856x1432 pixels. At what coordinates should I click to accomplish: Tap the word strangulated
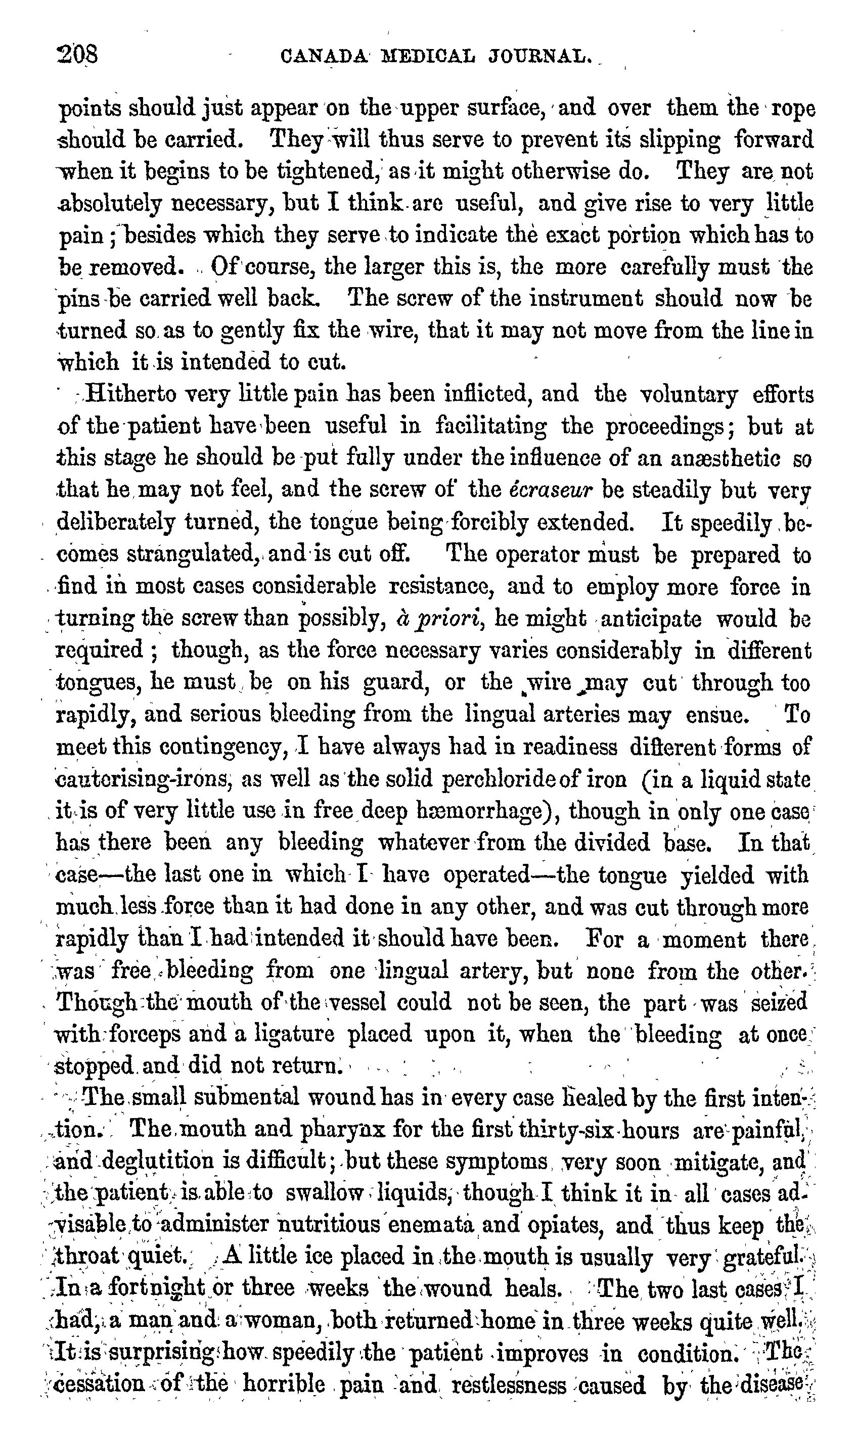coord(192,554)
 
